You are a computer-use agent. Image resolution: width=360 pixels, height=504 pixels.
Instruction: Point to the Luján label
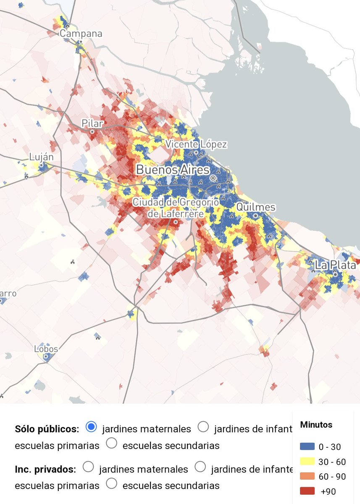(41, 157)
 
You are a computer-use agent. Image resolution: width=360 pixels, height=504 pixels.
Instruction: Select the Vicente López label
(196, 144)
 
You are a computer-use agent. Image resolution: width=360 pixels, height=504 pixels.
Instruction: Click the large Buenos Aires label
(172, 170)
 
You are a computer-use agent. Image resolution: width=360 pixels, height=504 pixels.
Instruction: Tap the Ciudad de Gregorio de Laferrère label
(176, 208)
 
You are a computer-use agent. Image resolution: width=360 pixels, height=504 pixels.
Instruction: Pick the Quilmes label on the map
(256, 207)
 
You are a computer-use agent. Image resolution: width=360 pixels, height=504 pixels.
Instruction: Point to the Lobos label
(46, 349)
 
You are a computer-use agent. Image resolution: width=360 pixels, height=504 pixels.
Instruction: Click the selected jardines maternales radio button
(91, 427)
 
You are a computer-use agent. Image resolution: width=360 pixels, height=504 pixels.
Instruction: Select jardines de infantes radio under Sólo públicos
(203, 427)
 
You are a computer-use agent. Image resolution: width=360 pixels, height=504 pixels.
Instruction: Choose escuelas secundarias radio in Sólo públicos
(112, 444)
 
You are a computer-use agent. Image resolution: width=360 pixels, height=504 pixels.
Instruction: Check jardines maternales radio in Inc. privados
(89, 467)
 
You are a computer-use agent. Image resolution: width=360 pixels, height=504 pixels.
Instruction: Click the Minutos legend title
(316, 425)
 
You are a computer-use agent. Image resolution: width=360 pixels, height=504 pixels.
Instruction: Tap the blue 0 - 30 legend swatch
(307, 447)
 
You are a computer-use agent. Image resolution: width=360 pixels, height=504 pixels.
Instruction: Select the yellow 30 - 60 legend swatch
(307, 462)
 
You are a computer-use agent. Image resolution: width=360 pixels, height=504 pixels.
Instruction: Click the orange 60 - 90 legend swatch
(307, 476)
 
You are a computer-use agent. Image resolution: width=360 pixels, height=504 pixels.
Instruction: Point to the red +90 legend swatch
(307, 491)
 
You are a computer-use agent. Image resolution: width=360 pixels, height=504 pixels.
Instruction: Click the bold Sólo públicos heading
(47, 429)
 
